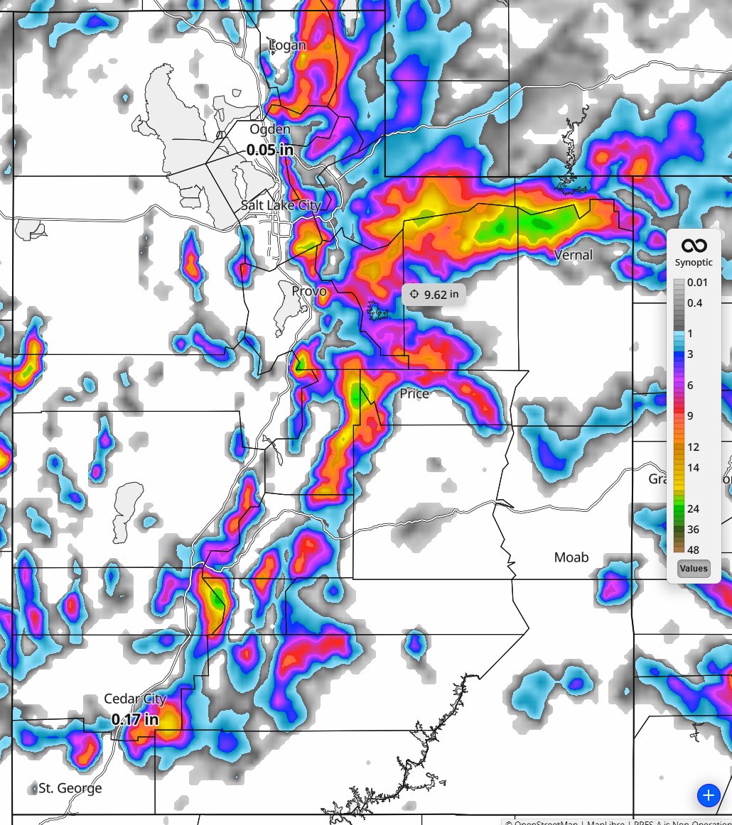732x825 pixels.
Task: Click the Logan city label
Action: click(x=288, y=45)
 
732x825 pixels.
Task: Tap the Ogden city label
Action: click(x=270, y=129)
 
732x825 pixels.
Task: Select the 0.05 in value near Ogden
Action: click(x=270, y=150)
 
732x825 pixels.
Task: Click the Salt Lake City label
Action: click(x=281, y=205)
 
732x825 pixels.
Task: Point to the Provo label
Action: click(x=309, y=291)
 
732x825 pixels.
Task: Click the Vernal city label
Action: click(x=573, y=254)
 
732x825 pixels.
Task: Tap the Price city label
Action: click(x=414, y=393)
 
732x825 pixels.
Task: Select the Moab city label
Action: click(x=571, y=557)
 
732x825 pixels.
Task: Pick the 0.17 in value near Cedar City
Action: click(x=135, y=719)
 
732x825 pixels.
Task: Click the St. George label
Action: click(x=70, y=788)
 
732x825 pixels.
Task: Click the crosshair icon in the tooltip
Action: click(x=415, y=294)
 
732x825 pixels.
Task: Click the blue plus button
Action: click(x=708, y=794)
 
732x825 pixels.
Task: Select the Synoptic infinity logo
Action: click(x=694, y=246)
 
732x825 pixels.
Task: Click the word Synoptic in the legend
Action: click(x=694, y=263)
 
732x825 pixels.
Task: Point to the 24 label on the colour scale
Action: click(x=694, y=508)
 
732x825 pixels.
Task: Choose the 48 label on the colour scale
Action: click(x=694, y=550)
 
